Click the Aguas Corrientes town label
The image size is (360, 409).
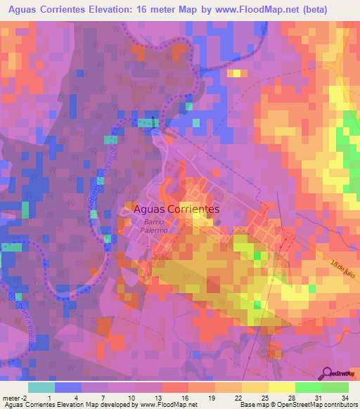click(176, 209)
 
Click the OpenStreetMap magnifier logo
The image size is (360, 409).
click(328, 372)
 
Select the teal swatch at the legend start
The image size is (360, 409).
click(41, 387)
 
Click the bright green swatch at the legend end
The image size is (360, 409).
click(335, 387)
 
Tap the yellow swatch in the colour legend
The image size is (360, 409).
click(281, 387)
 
